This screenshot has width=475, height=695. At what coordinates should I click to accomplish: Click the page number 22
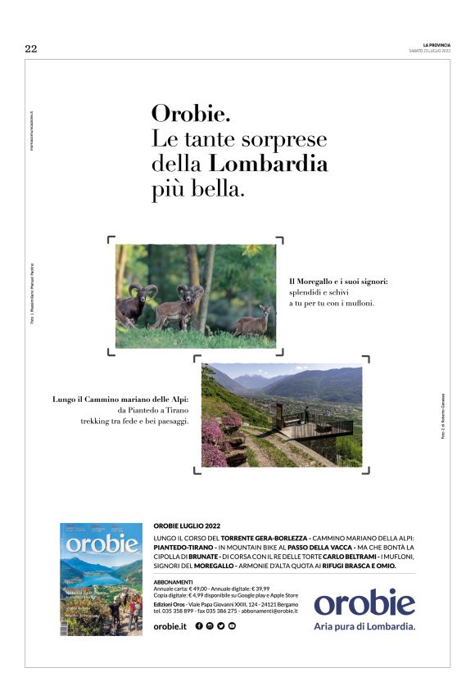(x=31, y=48)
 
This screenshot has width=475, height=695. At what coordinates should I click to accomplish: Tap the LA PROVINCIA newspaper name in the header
(x=437, y=45)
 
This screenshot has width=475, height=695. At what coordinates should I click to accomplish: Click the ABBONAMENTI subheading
(x=174, y=580)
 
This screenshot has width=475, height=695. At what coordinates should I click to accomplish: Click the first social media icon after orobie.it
(x=200, y=626)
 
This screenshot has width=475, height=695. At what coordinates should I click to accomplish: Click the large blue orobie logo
(x=364, y=603)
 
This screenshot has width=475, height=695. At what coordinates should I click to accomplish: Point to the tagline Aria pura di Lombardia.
(x=364, y=627)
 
